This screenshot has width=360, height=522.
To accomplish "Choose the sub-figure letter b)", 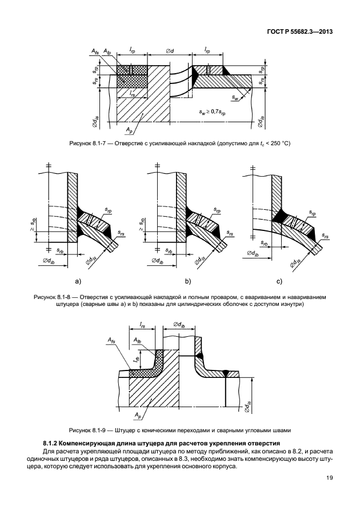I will [x=186, y=281].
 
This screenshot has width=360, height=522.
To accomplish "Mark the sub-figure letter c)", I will [x=279, y=281].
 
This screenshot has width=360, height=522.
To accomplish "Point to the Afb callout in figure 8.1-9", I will [x=137, y=341].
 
